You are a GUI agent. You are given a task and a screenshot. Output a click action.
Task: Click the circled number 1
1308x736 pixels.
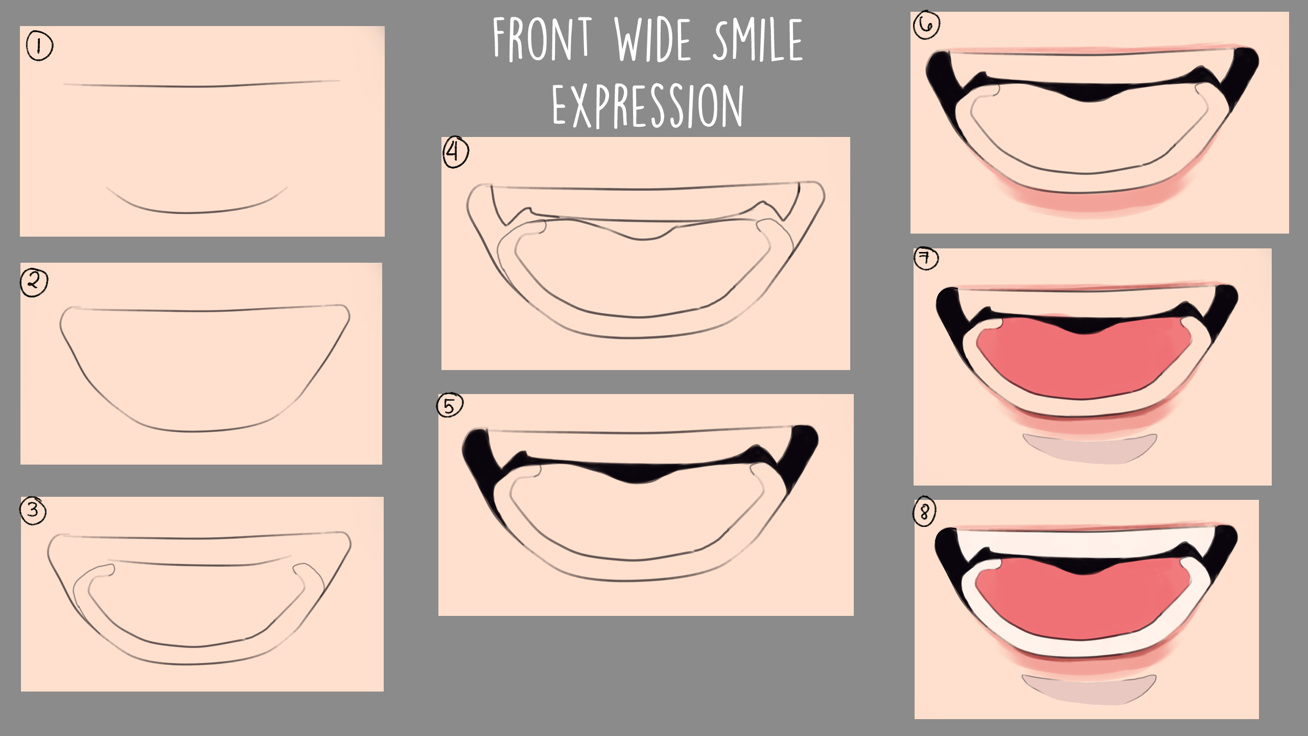coord(39,47)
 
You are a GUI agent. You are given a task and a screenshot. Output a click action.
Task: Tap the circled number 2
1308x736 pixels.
coord(34,283)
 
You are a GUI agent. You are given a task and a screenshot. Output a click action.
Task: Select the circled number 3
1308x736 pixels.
coord(34,510)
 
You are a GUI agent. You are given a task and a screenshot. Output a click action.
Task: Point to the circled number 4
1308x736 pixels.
coord(455,152)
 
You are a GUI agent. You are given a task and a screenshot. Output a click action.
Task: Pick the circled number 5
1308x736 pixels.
coord(450,406)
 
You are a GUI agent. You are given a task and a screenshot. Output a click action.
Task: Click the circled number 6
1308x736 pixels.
coord(926,25)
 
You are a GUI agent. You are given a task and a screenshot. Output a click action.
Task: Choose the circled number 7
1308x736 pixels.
coord(926,259)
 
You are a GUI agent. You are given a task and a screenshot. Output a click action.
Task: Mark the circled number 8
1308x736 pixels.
coord(924,512)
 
